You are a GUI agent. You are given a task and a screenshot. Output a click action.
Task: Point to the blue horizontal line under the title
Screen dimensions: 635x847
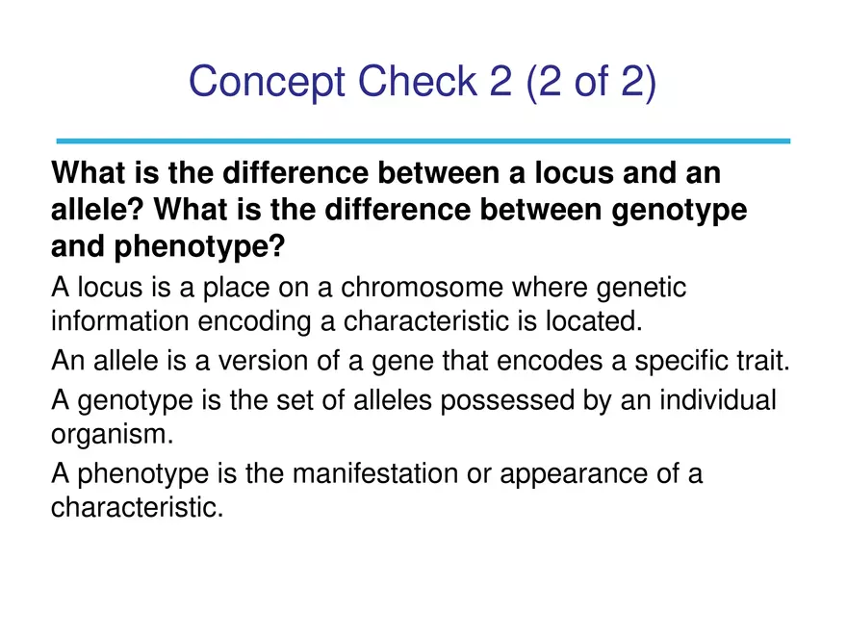tap(423, 140)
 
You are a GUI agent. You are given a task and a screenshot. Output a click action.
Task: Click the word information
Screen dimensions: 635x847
tap(113, 319)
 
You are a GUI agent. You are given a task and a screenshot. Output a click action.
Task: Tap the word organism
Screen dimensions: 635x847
tap(112, 433)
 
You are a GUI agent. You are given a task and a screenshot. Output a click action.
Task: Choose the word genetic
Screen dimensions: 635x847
tap(642, 289)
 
